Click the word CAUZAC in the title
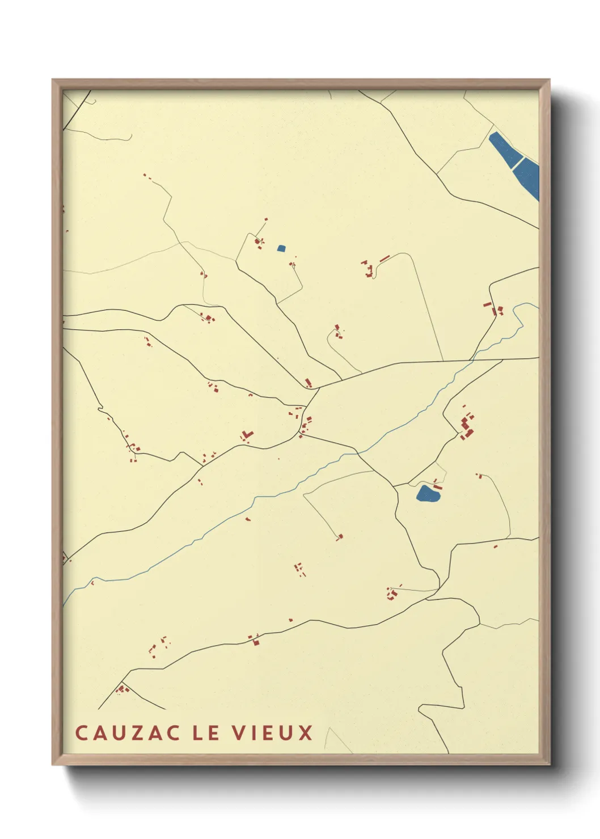[x=128, y=732]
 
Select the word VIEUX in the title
[x=272, y=732]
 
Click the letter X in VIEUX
[x=306, y=732]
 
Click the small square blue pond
[x=281, y=248]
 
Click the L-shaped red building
[x=247, y=435]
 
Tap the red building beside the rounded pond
[x=437, y=485]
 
